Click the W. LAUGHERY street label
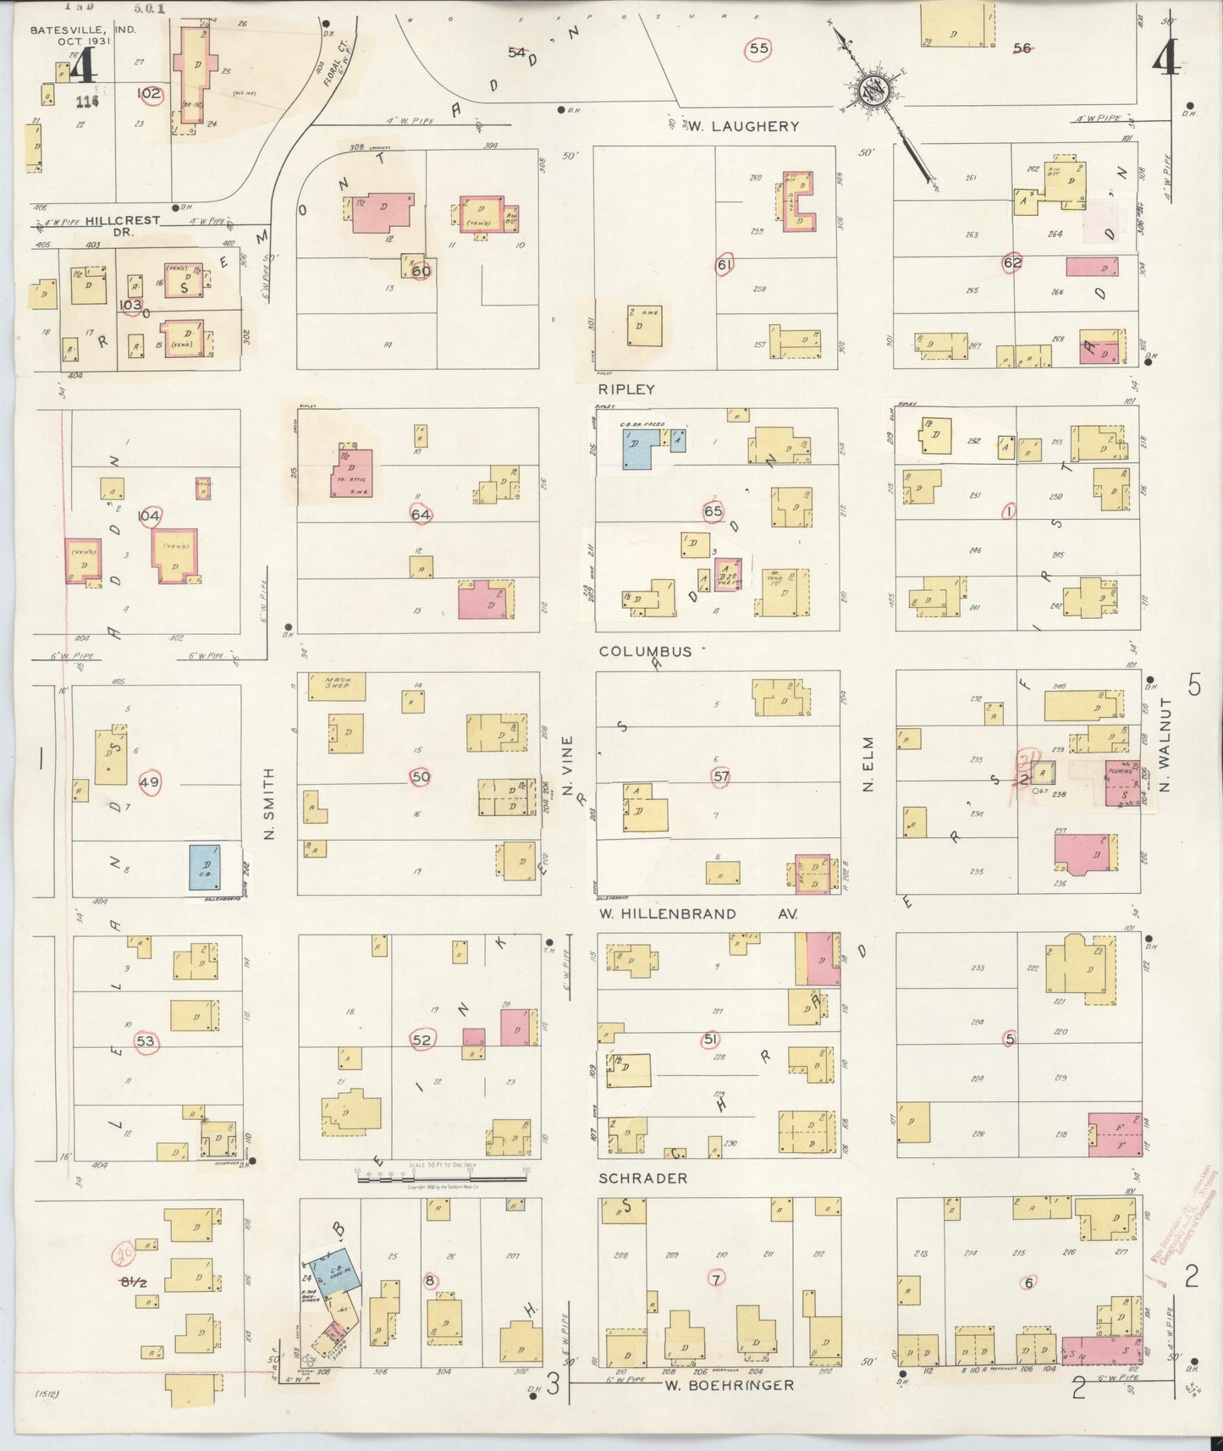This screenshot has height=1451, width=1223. (742, 126)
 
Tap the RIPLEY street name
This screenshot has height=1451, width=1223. (627, 389)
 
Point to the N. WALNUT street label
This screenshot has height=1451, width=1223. (1165, 745)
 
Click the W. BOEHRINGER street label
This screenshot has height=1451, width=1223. (729, 1386)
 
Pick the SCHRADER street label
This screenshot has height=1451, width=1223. (643, 1178)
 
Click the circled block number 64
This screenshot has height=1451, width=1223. (421, 514)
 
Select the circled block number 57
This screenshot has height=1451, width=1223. (721, 776)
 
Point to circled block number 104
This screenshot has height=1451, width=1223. (149, 516)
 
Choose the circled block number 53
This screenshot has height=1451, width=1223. (146, 1040)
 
